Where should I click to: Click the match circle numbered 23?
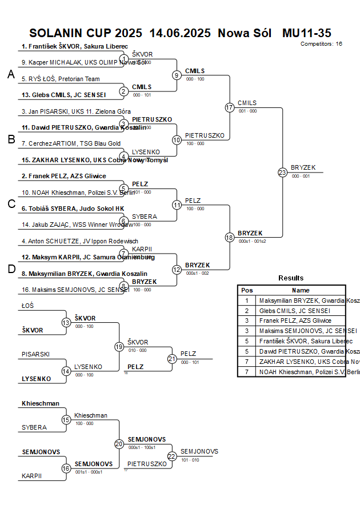click(282, 172)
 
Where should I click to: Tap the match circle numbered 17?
click(230, 107)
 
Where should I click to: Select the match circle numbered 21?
click(172, 359)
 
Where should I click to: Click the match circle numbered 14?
click(66, 371)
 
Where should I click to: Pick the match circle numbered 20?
click(119, 444)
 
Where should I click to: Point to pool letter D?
click(11, 269)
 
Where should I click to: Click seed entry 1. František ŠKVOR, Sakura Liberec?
click(74, 46)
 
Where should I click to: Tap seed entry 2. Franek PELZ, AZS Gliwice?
click(63, 176)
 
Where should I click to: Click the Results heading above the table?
click(291, 278)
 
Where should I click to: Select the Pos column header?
click(247, 290)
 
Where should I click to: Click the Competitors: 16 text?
click(321, 43)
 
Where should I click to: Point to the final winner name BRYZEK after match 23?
click(302, 167)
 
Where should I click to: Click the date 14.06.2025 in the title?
click(180, 33)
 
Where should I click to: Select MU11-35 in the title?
click(307, 33)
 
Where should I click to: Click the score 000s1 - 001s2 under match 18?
click(252, 241)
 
